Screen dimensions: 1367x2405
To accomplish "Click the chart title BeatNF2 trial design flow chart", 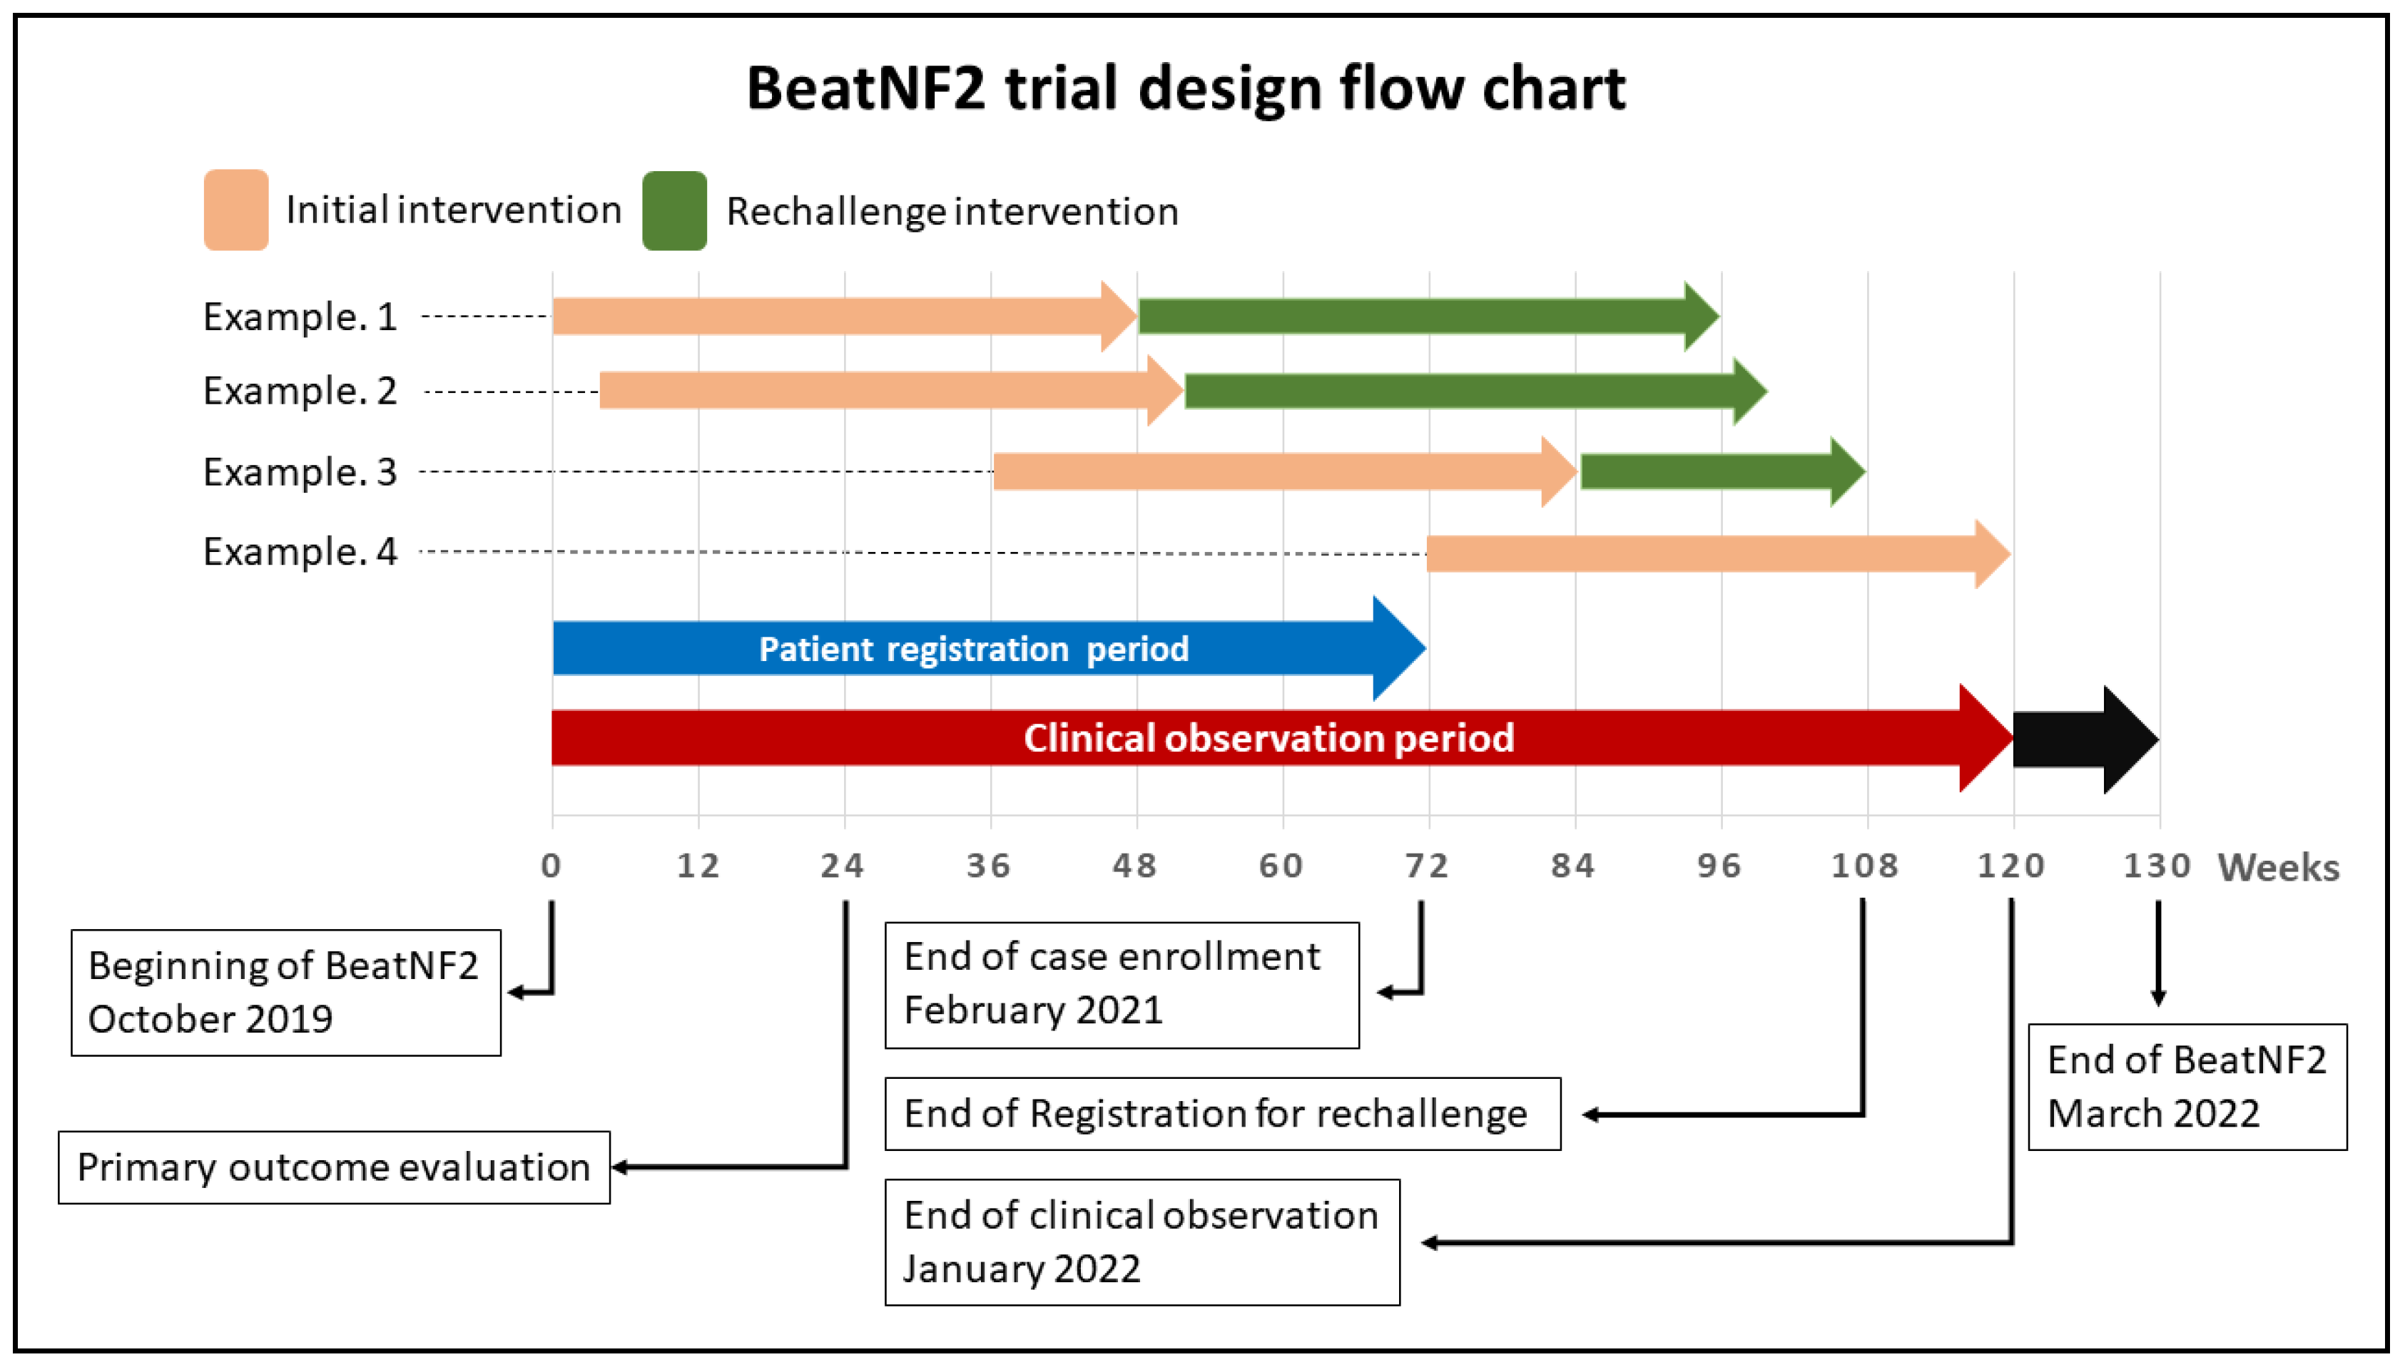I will point(1185,89).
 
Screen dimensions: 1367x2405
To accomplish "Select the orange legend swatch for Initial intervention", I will point(235,210).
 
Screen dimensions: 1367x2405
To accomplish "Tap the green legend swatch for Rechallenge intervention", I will point(673,210).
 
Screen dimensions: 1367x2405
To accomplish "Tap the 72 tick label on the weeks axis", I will point(1426,866).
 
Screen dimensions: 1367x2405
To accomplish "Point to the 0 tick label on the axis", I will point(551,866).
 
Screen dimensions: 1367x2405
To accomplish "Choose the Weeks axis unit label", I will point(2278,868).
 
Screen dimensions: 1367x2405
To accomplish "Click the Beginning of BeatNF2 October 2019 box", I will point(285,993).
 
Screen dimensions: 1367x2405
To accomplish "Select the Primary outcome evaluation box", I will point(333,1167).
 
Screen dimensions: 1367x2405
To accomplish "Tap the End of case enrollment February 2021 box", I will point(1122,984).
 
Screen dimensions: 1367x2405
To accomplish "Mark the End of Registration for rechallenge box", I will point(1221,1114).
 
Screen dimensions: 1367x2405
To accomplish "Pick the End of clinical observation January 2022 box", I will point(1142,1241).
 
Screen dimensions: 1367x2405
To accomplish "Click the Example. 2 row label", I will point(300,391).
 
